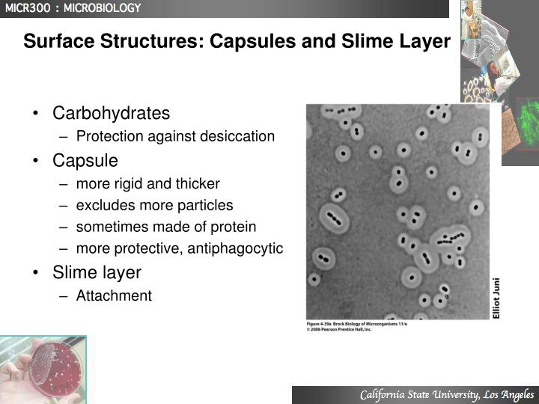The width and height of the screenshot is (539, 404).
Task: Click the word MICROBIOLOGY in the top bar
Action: (x=102, y=8)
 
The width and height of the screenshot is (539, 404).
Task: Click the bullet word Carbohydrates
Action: (x=111, y=114)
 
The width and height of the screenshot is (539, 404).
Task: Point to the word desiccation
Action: (x=237, y=137)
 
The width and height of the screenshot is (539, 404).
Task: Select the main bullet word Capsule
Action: (x=85, y=161)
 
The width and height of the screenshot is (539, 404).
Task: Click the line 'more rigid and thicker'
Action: (x=147, y=183)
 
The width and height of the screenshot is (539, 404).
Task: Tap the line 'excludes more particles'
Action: (x=154, y=205)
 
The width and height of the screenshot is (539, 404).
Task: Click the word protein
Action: (x=233, y=227)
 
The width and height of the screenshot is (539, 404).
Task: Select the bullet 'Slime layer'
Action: (x=97, y=272)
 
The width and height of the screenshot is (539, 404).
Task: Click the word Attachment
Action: (x=114, y=296)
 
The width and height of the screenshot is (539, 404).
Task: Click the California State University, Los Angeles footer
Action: (x=446, y=395)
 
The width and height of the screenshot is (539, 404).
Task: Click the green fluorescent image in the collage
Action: (x=524, y=120)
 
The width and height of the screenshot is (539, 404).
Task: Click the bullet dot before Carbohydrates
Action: (x=36, y=114)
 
